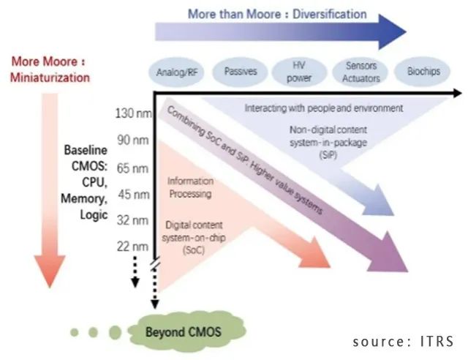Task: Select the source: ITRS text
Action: pos(403,341)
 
